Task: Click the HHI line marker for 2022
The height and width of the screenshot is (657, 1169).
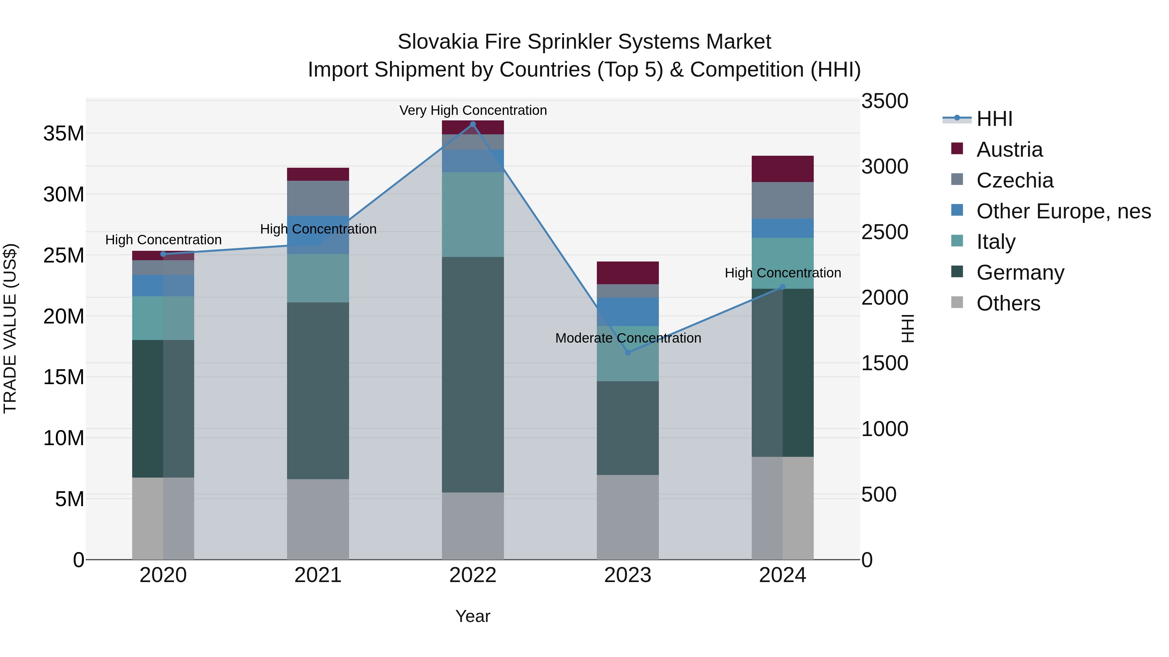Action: point(473,124)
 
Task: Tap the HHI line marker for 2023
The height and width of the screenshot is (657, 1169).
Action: point(628,352)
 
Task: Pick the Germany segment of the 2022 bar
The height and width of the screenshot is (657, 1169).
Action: point(473,374)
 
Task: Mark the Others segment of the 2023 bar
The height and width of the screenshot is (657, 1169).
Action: point(628,517)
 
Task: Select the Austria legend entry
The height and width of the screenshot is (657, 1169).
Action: point(1009,150)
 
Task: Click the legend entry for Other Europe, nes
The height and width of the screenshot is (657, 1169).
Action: point(1063,211)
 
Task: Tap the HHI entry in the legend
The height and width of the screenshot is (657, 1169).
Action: point(994,119)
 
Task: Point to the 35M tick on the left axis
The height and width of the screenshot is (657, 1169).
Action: point(64,134)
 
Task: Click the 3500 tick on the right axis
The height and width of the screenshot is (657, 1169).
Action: point(885,101)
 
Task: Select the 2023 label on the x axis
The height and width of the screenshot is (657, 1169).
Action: point(628,575)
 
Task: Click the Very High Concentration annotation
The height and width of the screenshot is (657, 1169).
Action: point(473,110)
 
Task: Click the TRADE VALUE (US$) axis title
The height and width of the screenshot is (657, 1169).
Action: point(10,328)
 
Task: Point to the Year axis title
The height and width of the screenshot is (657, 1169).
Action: point(473,616)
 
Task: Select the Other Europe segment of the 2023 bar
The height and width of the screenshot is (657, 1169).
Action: point(628,311)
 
